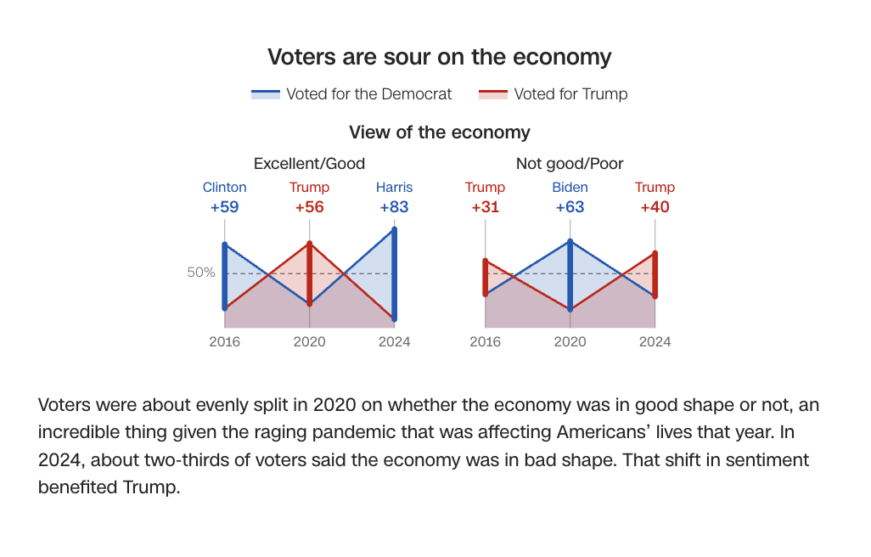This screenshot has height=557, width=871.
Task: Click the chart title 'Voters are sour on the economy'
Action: pos(439,57)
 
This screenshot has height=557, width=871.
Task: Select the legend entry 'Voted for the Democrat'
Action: pos(368,94)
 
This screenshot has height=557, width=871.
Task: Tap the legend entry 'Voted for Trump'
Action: pos(570,94)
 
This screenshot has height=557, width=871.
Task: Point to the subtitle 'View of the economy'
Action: pos(439,132)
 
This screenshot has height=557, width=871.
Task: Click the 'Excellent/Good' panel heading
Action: pos(309,164)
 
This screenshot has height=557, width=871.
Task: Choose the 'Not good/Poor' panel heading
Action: pos(570,164)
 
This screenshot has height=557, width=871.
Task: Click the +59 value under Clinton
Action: pos(225,207)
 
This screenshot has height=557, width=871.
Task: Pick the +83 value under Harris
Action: pos(395,207)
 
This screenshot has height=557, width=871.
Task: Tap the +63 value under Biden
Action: pos(570,207)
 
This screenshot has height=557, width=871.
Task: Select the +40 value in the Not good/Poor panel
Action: pos(655,207)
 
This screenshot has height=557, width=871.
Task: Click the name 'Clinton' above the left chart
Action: pos(225,188)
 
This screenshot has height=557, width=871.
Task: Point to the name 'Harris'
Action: pos(395,188)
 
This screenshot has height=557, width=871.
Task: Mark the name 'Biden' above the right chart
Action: pos(570,188)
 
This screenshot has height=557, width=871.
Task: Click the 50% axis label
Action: pos(201,273)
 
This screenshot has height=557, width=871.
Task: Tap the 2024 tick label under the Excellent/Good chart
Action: pos(395,341)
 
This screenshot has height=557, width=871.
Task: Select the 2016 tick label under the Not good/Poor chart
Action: pos(486,341)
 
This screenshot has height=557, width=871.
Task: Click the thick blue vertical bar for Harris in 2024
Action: pos(395,273)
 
